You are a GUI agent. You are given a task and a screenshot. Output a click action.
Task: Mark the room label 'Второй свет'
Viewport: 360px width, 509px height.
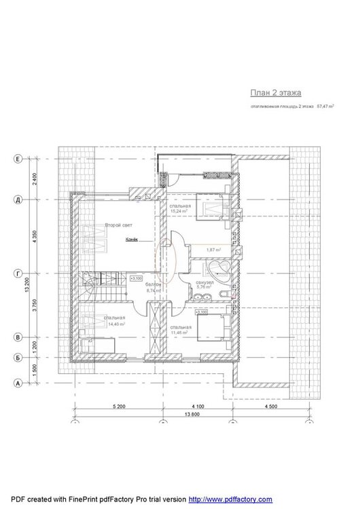(117, 225)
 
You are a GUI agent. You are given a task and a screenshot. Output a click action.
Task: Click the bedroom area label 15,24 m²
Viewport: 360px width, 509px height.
(180, 211)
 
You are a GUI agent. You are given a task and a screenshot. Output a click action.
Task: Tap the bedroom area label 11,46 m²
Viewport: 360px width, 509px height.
(180, 331)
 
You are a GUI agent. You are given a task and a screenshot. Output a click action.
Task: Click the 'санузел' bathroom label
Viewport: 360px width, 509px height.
(204, 282)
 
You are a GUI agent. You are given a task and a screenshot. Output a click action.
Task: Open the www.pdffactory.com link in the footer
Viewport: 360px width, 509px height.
(230, 499)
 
